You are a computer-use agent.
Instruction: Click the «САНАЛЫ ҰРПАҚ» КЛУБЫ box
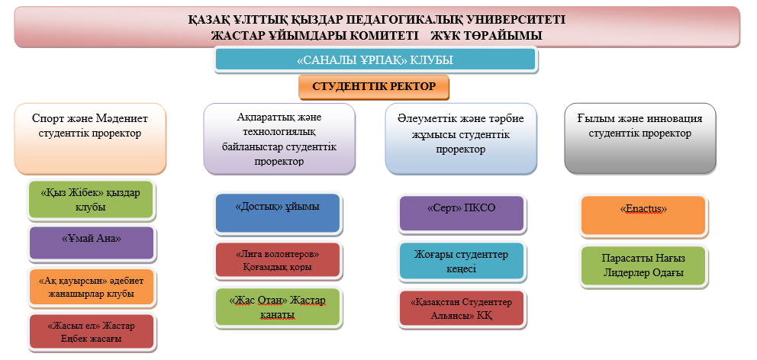click(x=375, y=59)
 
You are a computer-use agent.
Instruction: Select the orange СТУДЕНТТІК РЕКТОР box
click(x=374, y=87)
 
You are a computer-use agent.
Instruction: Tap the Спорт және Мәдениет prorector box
click(x=90, y=139)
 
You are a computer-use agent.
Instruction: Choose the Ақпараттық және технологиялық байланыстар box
click(x=279, y=139)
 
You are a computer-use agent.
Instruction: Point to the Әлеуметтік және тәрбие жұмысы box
click(x=461, y=139)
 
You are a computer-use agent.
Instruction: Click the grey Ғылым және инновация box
click(x=640, y=139)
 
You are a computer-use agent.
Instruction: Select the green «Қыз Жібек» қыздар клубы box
click(x=91, y=199)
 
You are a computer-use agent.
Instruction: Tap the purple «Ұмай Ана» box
click(x=92, y=243)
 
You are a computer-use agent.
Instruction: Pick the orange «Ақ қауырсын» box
click(x=92, y=287)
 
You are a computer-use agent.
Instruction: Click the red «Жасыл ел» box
click(x=92, y=332)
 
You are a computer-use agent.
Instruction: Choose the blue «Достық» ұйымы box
click(x=278, y=214)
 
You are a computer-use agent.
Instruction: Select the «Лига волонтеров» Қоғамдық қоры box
click(x=278, y=260)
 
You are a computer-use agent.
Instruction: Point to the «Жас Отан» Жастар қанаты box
click(x=278, y=307)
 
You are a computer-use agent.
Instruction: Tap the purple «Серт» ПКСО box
click(x=462, y=214)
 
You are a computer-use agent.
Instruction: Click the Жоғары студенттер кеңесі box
click(x=462, y=261)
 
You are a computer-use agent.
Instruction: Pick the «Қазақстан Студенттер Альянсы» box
click(x=462, y=308)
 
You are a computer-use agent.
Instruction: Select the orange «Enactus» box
click(x=643, y=215)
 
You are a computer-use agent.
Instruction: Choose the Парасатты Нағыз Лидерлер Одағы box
click(x=643, y=266)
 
